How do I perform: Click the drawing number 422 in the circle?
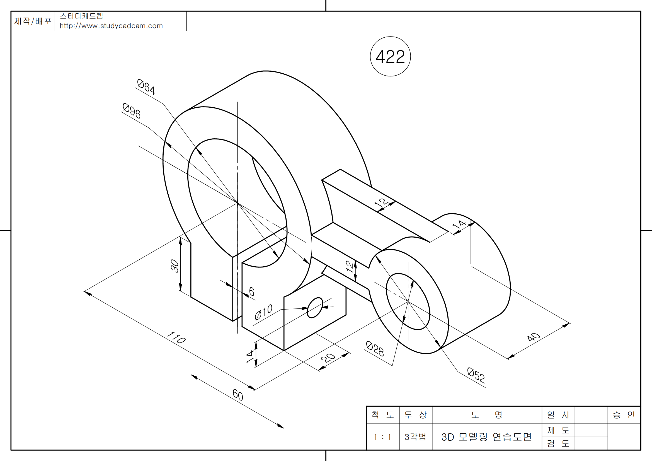pos(390,57)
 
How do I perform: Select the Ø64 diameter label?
pos(146,87)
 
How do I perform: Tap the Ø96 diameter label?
pos(132,110)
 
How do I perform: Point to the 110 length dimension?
pos(176,337)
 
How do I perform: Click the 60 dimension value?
pos(238,395)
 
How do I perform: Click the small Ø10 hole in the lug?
pos(315,308)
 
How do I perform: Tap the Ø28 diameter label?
pos(375,349)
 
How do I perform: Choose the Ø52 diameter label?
pos(476,375)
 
